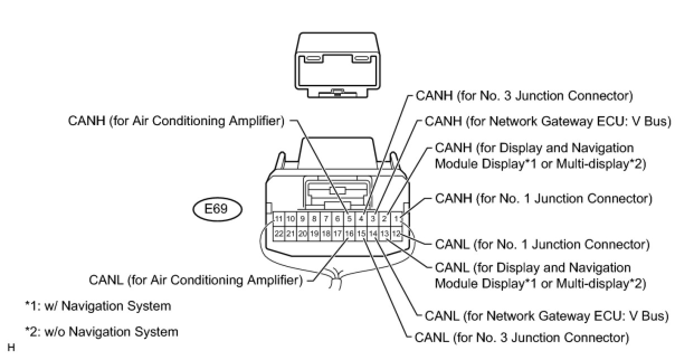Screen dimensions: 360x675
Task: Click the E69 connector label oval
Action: pyautogui.click(x=218, y=210)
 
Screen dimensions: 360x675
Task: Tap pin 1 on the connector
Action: pyautogui.click(x=396, y=219)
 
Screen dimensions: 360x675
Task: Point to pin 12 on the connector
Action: pyautogui.click(x=396, y=233)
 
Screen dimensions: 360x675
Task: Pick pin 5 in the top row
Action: pyautogui.click(x=349, y=219)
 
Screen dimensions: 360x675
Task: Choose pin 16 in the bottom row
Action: pyautogui.click(x=349, y=233)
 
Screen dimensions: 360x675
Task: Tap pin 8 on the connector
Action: pyautogui.click(x=314, y=219)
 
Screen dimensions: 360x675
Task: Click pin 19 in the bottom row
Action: pyautogui.click(x=314, y=233)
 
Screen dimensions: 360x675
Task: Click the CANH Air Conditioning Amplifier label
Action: pyautogui.click(x=177, y=120)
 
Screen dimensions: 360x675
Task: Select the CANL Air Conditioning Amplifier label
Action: pyautogui.click(x=195, y=279)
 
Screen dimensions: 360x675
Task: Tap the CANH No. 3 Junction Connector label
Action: pyautogui.click(x=524, y=96)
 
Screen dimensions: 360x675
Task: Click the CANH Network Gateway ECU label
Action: pyautogui.click(x=547, y=121)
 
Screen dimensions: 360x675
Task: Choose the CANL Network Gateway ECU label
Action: pyautogui.click(x=546, y=316)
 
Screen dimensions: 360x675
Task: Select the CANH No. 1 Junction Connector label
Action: pyautogui.click(x=543, y=198)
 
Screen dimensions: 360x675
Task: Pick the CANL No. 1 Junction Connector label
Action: pyautogui.click(x=541, y=244)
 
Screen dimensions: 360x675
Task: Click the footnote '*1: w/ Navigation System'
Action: pyautogui.click(x=98, y=306)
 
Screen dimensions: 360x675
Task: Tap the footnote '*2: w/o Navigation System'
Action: pyautogui.click(x=101, y=331)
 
